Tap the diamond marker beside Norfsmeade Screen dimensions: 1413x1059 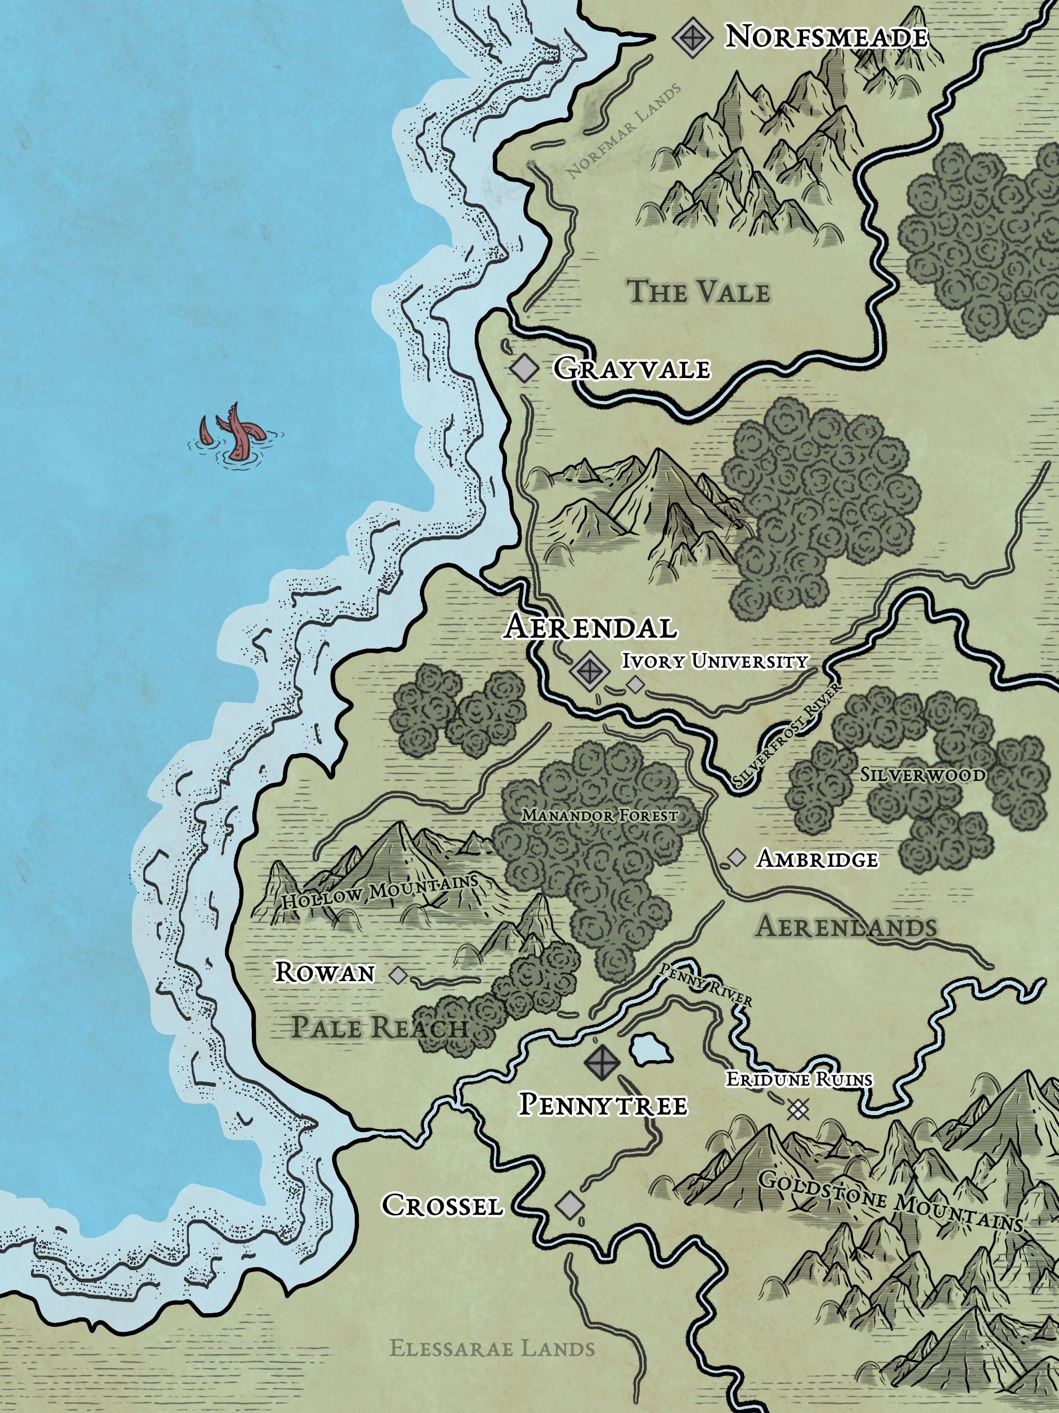click(x=692, y=38)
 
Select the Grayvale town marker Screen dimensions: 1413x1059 click(x=525, y=369)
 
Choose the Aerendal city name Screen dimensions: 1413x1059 click(x=589, y=627)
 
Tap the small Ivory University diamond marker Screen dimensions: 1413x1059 click(x=635, y=685)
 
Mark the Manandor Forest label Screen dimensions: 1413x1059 click(x=599, y=816)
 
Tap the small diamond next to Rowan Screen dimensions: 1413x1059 click(x=398, y=975)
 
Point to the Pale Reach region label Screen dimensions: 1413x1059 click(x=380, y=1027)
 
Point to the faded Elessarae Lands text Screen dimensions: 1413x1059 click(x=492, y=1344)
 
